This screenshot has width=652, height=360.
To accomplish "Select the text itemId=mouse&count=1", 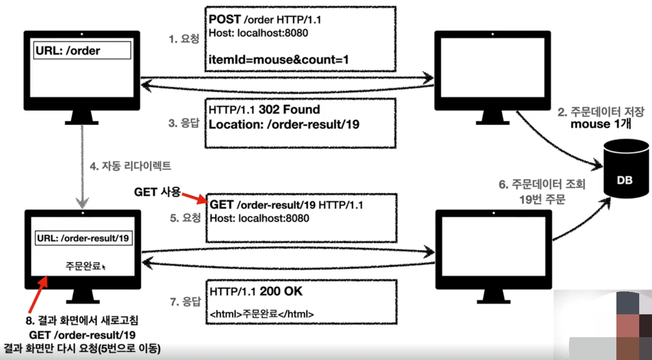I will [x=279, y=59].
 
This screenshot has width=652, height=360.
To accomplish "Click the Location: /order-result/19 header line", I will [x=284, y=124].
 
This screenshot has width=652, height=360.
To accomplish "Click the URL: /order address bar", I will [x=83, y=51].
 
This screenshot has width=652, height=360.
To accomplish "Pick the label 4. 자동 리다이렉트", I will [x=130, y=166].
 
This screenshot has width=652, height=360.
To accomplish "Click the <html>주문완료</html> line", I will [x=262, y=314].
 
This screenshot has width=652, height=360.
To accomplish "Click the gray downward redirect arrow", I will [x=83, y=160].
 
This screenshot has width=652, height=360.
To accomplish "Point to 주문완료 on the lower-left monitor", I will [x=83, y=266].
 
